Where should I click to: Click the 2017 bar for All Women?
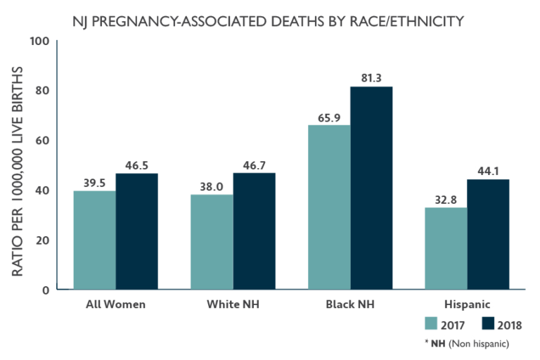[95, 240]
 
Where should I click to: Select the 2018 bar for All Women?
[137, 231]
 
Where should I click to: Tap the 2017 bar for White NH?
[212, 242]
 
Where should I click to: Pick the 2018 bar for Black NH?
[371, 188]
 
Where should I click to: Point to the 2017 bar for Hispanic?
[446, 248]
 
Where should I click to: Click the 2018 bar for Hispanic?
[488, 234]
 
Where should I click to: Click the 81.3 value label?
[371, 78]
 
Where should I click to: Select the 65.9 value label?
[329, 117]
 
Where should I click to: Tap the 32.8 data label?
[446, 199]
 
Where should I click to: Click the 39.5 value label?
[95, 182]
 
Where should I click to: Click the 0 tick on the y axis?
[45, 290]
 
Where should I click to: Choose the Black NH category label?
[349, 304]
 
